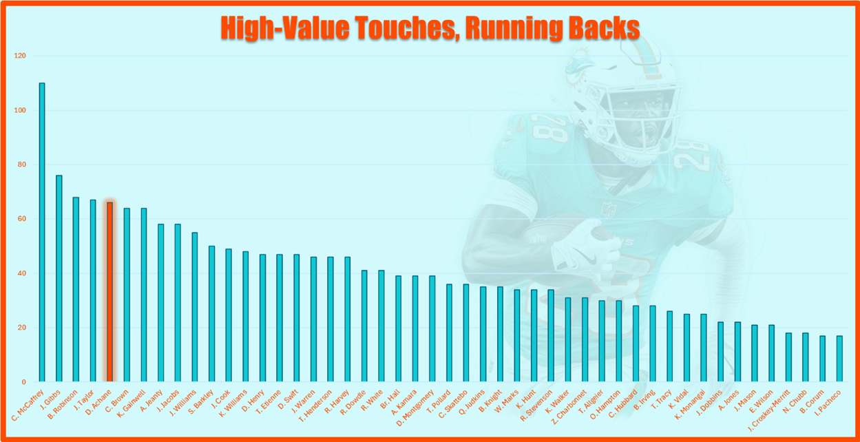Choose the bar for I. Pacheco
(839, 359)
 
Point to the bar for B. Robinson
(76, 289)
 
